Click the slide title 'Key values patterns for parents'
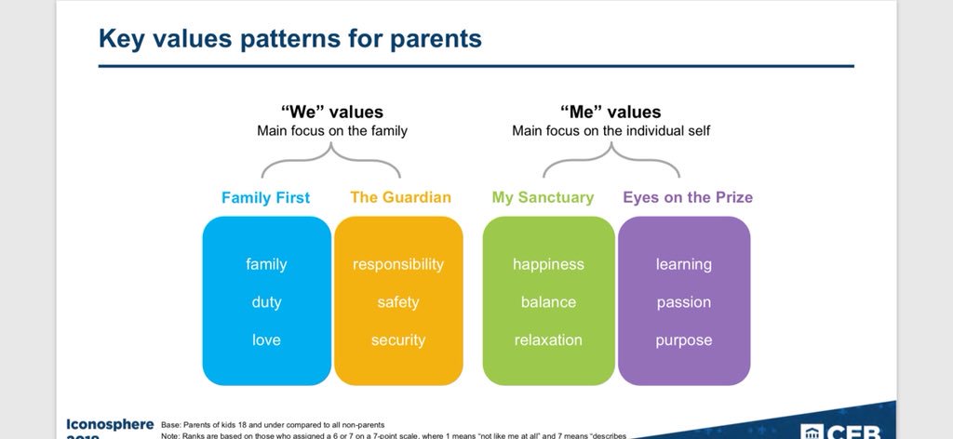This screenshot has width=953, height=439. click(289, 38)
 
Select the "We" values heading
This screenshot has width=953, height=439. click(332, 112)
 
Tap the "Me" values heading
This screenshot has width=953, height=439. click(611, 112)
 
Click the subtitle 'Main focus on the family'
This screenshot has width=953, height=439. click(332, 131)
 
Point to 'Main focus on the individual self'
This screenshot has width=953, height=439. click(611, 131)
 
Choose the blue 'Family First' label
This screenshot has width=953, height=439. click(266, 197)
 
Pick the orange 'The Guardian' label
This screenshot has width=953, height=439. click(400, 197)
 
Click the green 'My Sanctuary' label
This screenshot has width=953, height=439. click(543, 197)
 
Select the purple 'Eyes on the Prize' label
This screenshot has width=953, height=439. click(688, 197)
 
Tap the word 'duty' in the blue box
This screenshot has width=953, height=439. click(266, 302)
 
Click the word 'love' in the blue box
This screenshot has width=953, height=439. click(266, 340)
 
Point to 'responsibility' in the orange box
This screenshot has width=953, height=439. click(398, 264)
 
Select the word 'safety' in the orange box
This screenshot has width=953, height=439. click(398, 302)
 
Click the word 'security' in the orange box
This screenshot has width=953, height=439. click(398, 340)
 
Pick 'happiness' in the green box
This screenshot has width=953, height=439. click(548, 264)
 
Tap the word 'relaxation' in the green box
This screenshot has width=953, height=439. click(548, 340)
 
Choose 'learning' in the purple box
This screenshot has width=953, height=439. click(683, 264)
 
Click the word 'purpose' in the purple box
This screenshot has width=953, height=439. click(683, 340)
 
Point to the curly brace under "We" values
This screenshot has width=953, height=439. click(331, 162)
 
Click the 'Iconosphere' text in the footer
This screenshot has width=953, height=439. click(110, 423)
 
